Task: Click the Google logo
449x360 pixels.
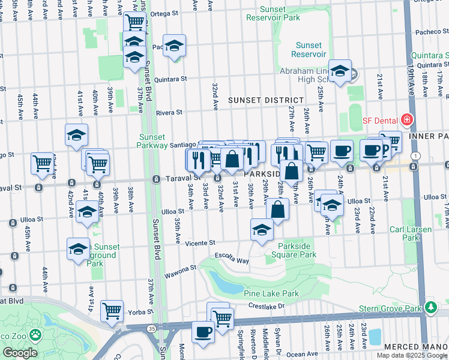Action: coord(20,352)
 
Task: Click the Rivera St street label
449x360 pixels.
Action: coord(169,112)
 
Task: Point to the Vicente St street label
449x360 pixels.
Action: coord(200,243)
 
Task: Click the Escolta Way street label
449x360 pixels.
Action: coord(234,261)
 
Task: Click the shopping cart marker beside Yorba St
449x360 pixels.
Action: coord(112,311)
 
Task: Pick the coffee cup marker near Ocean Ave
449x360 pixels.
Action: coord(203,332)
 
